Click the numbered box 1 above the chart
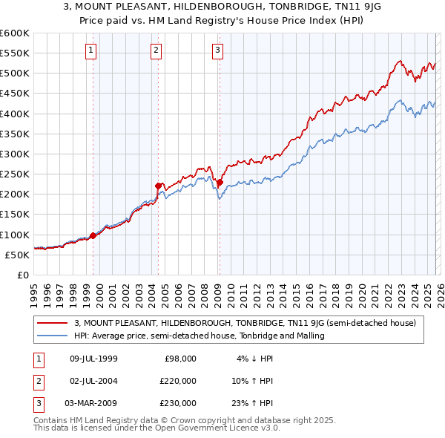coord(90,50)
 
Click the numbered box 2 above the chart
coord(156,50)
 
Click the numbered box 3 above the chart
coord(218,50)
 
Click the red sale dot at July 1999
coord(93,235)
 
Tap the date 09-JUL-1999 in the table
coord(93,359)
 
